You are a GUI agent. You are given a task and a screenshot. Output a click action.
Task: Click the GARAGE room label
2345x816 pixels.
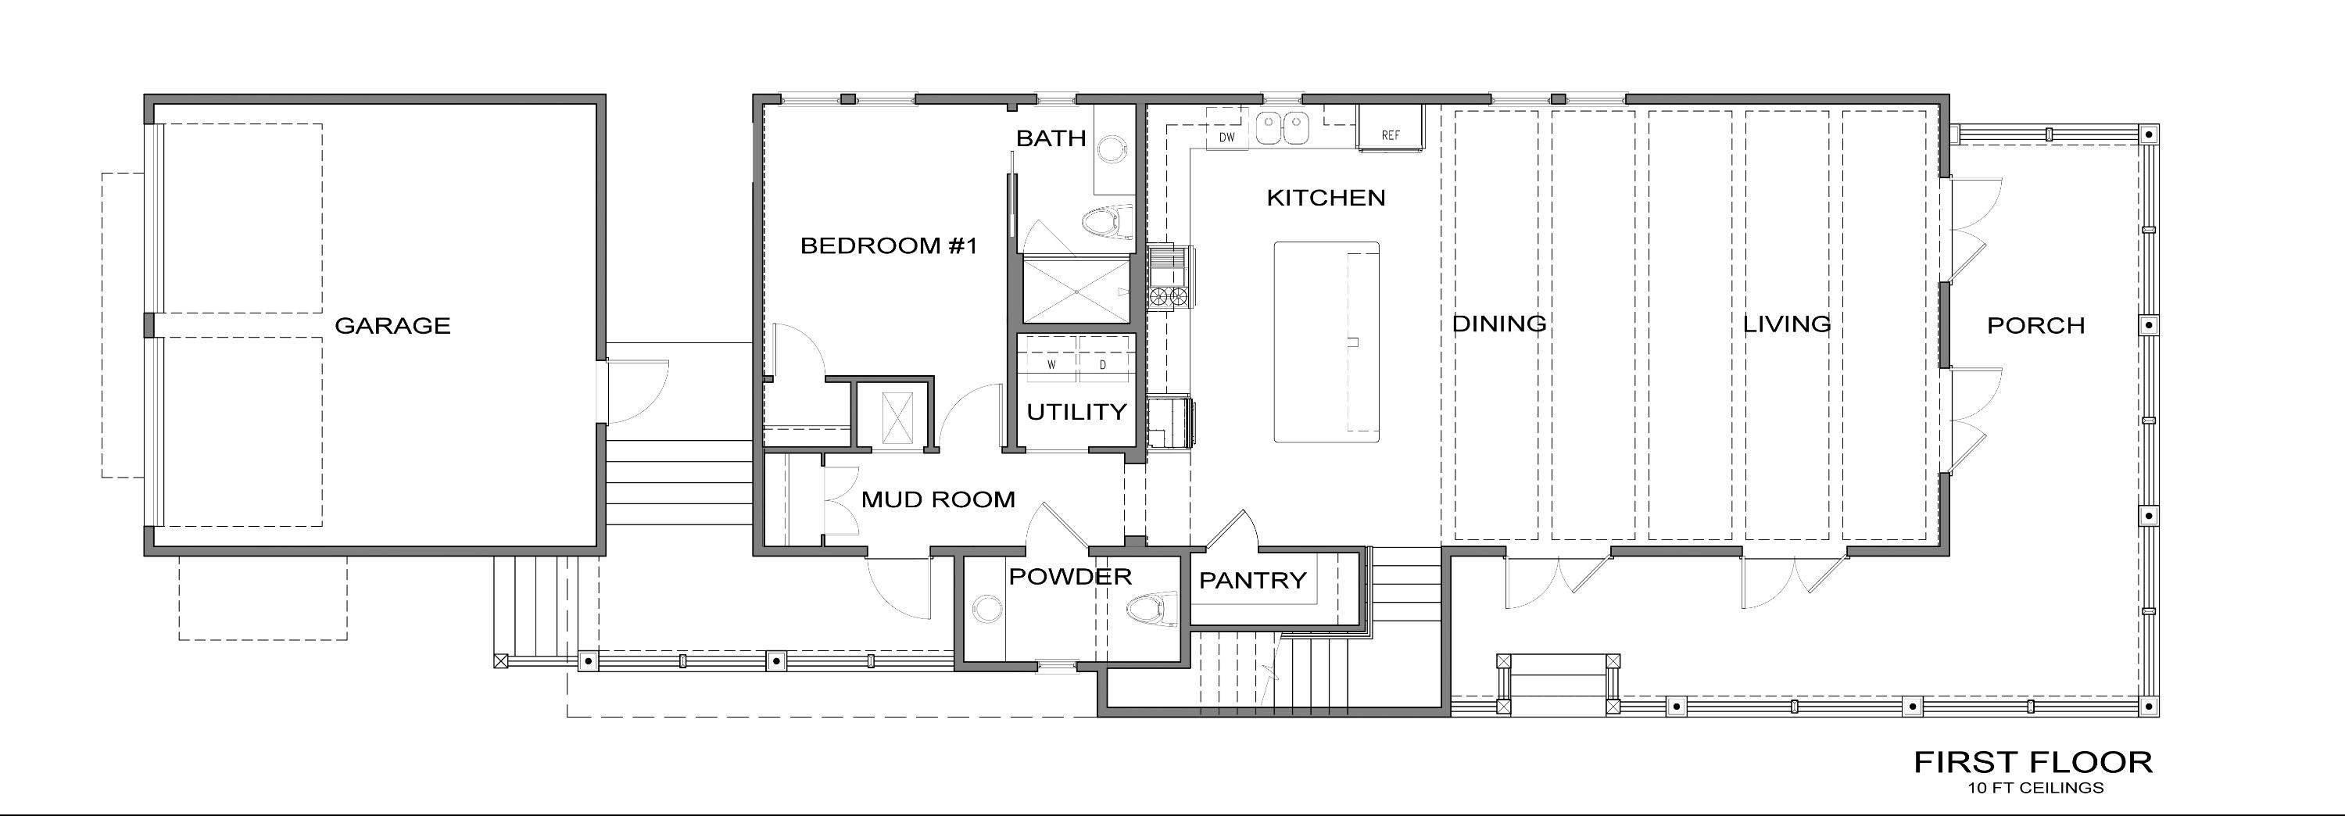click(x=392, y=326)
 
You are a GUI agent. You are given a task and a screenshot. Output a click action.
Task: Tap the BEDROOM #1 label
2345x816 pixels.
click(x=889, y=246)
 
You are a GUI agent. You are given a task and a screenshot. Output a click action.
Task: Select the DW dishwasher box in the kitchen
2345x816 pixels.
click(x=1226, y=138)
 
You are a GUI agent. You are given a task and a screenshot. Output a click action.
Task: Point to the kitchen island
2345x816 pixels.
click(x=1326, y=342)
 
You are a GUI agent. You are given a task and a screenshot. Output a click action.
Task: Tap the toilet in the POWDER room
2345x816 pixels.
click(x=1151, y=610)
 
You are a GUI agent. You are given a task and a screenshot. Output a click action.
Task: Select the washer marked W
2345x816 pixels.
click(x=1051, y=364)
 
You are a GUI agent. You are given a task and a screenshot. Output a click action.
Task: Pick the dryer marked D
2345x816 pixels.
click(x=1103, y=364)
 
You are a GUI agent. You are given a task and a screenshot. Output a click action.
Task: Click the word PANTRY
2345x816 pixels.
click(x=1252, y=580)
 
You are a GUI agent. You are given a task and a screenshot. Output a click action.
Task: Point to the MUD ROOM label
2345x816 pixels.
click(x=938, y=500)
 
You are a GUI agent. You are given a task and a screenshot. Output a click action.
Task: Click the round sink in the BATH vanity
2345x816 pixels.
click(x=1112, y=149)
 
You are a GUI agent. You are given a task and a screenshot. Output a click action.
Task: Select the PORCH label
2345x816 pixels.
click(x=2035, y=326)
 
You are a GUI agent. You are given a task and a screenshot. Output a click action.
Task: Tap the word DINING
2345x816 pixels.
click(x=1498, y=324)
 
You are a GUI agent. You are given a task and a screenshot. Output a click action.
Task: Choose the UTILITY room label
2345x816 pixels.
click(x=1076, y=413)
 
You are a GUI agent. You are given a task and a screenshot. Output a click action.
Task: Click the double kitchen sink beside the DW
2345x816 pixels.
click(x=1282, y=128)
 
